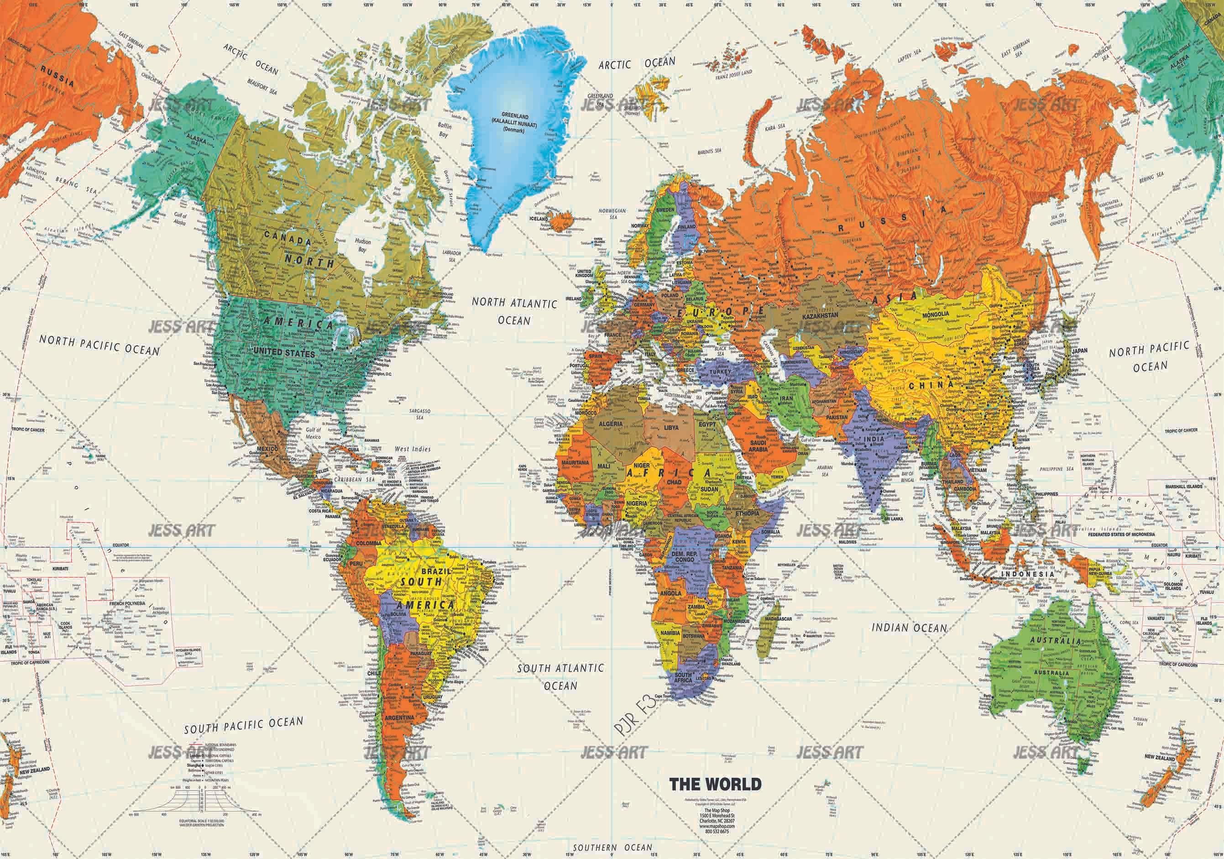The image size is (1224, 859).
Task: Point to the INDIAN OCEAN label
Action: pos(909,628)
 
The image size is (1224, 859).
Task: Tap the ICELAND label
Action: pos(539,219)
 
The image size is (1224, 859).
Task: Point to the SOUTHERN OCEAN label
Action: pos(612,847)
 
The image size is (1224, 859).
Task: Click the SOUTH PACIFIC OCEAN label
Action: pos(244,725)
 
